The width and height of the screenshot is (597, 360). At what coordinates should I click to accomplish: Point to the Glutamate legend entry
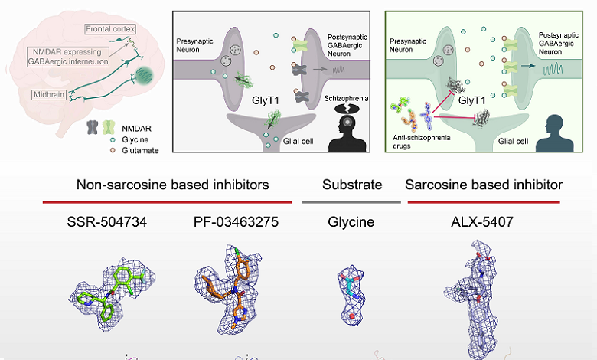pos(140,150)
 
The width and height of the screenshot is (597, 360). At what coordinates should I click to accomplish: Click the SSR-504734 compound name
pos(106,222)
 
